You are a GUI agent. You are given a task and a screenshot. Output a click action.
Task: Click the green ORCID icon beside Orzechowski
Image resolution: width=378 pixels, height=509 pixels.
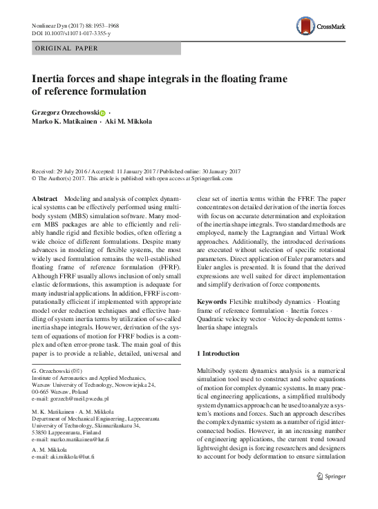(102, 113)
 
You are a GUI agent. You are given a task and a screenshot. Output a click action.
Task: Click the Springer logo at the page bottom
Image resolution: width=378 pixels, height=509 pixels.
(331, 494)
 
